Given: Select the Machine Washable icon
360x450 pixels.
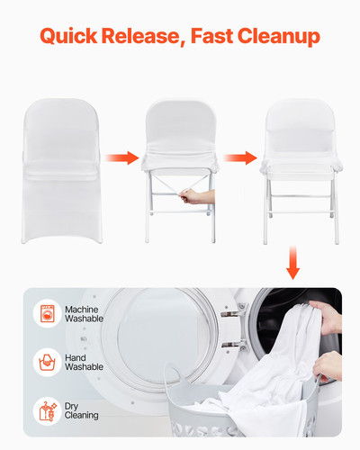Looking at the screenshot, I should click(45, 313).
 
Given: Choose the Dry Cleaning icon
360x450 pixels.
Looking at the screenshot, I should click(45, 409).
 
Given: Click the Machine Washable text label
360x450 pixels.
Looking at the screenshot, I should click(84, 313).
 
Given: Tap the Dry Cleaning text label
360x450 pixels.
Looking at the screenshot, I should click(82, 409).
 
